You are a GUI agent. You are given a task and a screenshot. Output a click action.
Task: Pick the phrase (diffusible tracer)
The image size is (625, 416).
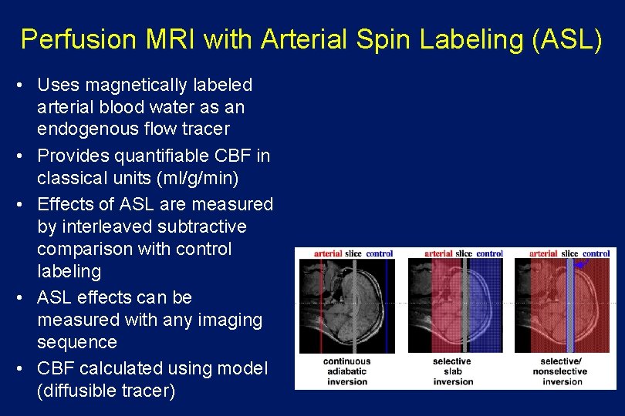pos(106,391)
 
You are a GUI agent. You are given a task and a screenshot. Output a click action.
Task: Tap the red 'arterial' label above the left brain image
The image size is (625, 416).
pos(328,253)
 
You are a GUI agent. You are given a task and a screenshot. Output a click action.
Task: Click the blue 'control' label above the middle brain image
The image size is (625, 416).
pos(489,253)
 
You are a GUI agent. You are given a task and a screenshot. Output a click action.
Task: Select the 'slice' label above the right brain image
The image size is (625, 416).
pos(570,253)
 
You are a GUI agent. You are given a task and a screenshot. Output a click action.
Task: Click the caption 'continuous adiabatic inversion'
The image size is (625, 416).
pos(346,371)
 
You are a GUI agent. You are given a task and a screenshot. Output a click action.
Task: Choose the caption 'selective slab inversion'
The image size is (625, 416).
pos(453,371)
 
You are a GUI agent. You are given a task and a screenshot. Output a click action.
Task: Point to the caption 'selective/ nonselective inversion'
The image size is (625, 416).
pos(560,371)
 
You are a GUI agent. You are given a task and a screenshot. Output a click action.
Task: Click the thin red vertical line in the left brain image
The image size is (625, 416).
pos(321,308)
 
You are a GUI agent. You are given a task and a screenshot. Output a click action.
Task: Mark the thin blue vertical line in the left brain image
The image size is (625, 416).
pos(387,308)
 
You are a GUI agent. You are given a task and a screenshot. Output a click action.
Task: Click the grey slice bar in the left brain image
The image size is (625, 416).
pos(354,308)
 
